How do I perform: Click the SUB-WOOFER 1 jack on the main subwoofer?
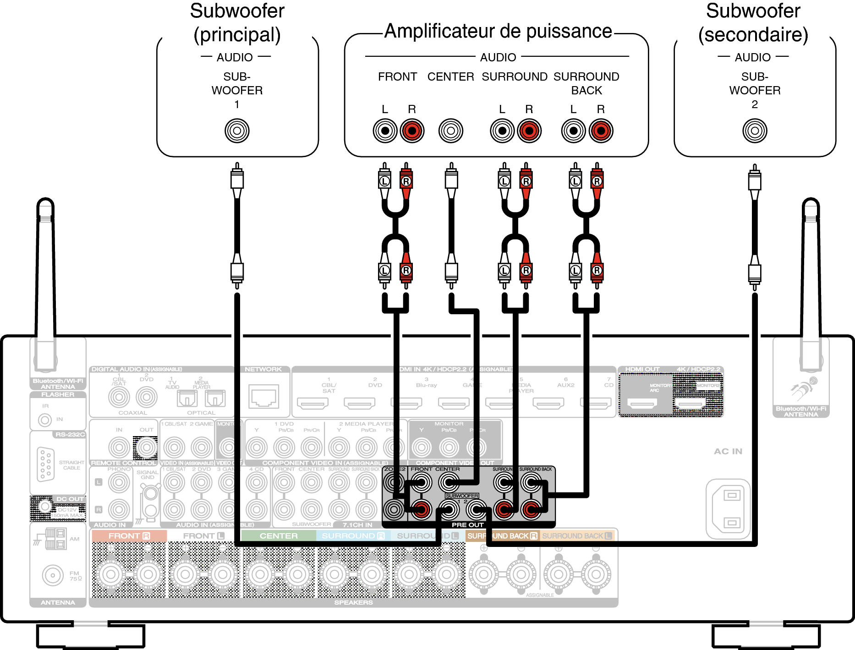click(x=237, y=131)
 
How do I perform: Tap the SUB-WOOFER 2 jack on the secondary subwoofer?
click(x=755, y=131)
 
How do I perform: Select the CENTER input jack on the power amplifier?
click(x=451, y=131)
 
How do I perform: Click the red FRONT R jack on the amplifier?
click(x=412, y=131)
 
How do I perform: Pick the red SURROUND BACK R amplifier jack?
click(x=601, y=131)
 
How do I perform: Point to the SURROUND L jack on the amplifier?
click(x=502, y=131)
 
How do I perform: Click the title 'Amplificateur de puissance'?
click(x=498, y=31)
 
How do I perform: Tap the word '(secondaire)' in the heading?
click(x=753, y=35)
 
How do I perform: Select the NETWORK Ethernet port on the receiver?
click(x=263, y=396)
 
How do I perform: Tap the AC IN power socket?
click(x=729, y=509)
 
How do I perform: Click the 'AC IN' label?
click(x=728, y=451)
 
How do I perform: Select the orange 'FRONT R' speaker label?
click(x=129, y=536)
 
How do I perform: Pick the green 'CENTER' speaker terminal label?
click(x=279, y=536)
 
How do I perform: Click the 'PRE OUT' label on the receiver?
click(x=467, y=525)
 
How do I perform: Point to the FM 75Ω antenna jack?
click(x=53, y=575)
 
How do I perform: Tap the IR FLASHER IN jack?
click(x=45, y=420)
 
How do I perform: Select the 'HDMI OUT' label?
click(x=642, y=369)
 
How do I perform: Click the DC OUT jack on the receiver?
click(x=45, y=506)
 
